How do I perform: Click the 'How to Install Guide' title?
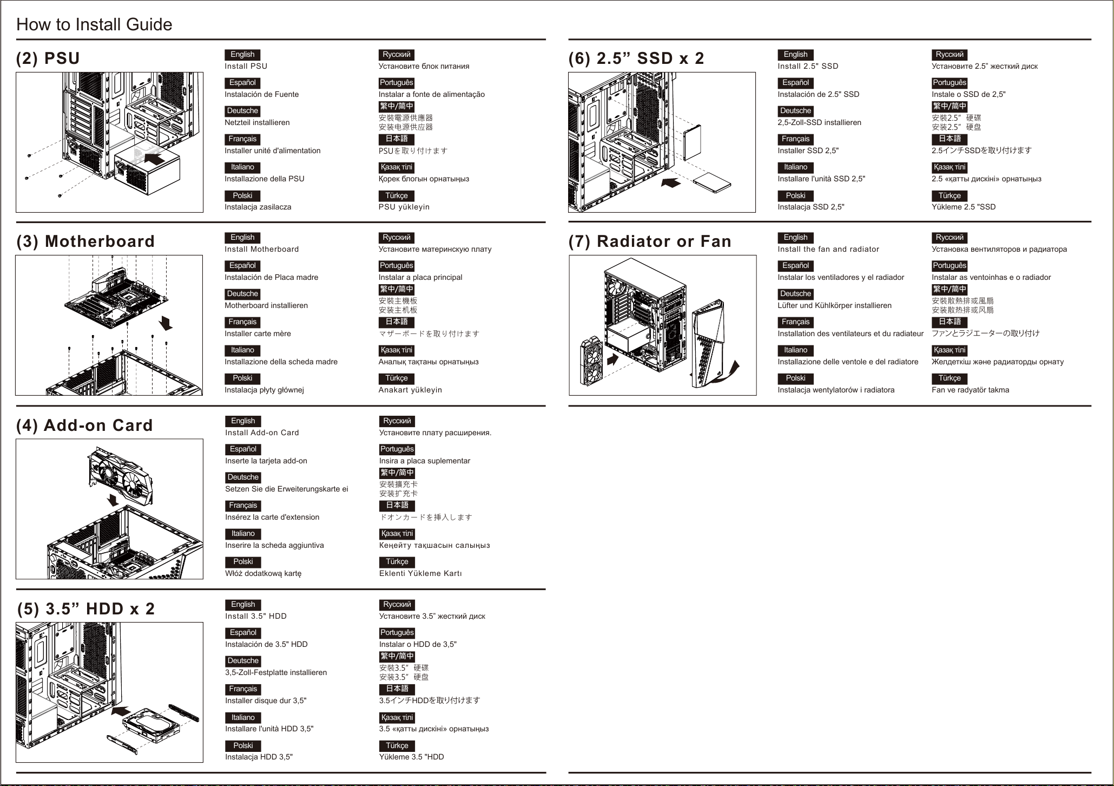[x=94, y=24]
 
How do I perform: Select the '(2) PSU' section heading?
[x=48, y=58]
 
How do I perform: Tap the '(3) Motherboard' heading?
[x=85, y=241]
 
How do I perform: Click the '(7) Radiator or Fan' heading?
[x=650, y=241]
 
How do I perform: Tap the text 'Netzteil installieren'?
[x=257, y=122]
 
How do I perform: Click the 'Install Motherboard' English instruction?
[x=262, y=249]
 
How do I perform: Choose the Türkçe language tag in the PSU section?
[x=397, y=195]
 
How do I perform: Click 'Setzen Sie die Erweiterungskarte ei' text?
[x=287, y=489]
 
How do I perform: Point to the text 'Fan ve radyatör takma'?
[x=970, y=390]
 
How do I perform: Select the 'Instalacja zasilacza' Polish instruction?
[x=258, y=207]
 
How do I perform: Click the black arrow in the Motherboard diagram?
[x=166, y=323]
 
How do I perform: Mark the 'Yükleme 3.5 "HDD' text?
[x=411, y=757]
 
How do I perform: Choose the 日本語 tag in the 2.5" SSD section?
[x=950, y=139]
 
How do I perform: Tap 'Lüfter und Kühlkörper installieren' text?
[x=834, y=305]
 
